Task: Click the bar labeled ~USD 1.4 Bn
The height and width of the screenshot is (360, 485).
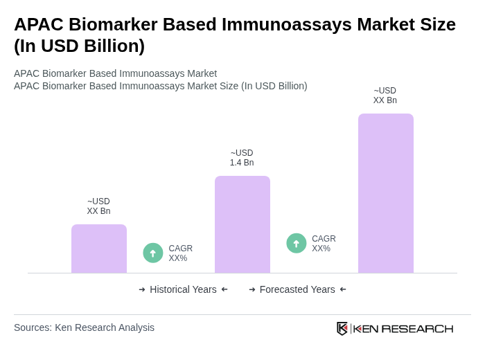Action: pyautogui.click(x=242, y=224)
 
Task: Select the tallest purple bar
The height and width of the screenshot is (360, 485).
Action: pyautogui.click(x=385, y=193)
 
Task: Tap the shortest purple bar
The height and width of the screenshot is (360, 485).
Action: pyautogui.click(x=98, y=249)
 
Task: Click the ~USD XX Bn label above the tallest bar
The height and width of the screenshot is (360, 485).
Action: pyautogui.click(x=385, y=96)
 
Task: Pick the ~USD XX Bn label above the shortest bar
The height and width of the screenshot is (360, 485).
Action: pyautogui.click(x=98, y=206)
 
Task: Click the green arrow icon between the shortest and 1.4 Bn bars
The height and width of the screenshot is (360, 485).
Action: pyautogui.click(x=153, y=253)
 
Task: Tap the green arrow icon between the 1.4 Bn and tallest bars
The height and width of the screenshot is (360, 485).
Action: pyautogui.click(x=297, y=243)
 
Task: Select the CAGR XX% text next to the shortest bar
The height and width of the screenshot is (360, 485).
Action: pyautogui.click(x=180, y=253)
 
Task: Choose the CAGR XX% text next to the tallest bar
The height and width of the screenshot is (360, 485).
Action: pyautogui.click(x=324, y=244)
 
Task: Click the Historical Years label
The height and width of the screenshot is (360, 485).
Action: pyautogui.click(x=183, y=289)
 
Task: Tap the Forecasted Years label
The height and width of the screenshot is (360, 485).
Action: pyautogui.click(x=297, y=289)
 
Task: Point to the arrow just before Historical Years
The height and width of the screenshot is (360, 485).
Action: pyautogui.click(x=142, y=289)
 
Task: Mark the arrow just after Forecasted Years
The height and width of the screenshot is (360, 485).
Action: pyautogui.click(x=343, y=289)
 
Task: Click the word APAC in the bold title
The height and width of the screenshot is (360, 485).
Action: pyautogui.click(x=39, y=24)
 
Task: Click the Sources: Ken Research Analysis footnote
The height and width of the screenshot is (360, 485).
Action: pyautogui.click(x=84, y=327)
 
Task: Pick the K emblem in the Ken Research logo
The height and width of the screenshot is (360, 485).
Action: pyautogui.click(x=342, y=328)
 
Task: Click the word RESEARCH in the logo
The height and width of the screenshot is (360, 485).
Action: pyautogui.click(x=417, y=328)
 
